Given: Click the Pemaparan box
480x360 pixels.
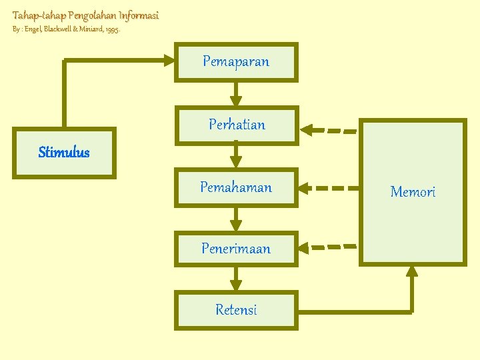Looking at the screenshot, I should click(x=236, y=62).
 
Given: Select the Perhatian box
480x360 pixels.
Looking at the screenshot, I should click(x=236, y=125).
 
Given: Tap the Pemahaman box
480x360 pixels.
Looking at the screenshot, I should click(x=236, y=187).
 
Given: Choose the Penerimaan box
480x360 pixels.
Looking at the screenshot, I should click(x=236, y=249).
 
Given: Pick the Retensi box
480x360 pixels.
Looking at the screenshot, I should click(x=236, y=310).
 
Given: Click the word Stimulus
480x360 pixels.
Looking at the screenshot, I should click(x=64, y=153).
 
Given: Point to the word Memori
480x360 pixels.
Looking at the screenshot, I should click(x=413, y=192).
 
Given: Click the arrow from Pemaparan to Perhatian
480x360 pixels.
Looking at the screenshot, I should click(x=236, y=93).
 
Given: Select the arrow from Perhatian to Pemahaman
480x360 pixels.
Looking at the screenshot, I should click(x=236, y=155).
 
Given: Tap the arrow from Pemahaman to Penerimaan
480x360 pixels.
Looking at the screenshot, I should click(x=236, y=218).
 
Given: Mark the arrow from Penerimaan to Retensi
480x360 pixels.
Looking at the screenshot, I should click(x=236, y=279).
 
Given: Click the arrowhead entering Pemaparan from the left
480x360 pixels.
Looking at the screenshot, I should click(x=167, y=61).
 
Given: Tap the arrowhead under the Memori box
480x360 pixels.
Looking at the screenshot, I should click(x=412, y=270).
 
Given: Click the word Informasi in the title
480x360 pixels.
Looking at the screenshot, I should click(x=139, y=15).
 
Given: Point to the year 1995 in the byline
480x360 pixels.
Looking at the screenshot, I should click(x=112, y=31).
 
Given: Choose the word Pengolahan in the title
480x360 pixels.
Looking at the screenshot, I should click(x=92, y=15).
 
